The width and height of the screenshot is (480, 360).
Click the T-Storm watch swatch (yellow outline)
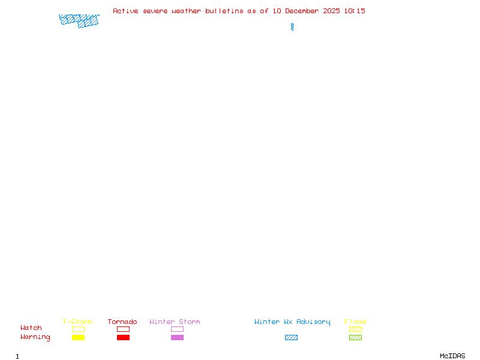click(78, 329)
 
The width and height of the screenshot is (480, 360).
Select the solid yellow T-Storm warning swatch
click(78, 337)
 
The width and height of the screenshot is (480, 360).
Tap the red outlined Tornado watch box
click(123, 329)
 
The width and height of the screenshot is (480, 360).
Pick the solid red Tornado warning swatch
click(123, 337)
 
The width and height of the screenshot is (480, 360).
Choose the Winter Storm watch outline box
click(177, 329)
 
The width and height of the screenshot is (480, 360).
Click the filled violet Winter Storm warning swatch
click(177, 337)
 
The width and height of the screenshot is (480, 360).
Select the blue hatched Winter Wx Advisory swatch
click(291, 337)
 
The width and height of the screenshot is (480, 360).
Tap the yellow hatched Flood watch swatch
click(355, 329)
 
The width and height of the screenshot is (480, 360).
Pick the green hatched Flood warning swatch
click(355, 337)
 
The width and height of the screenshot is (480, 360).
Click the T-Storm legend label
click(77, 322)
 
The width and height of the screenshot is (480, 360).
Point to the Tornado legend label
click(122, 322)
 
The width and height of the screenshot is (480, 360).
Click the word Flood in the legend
click(355, 322)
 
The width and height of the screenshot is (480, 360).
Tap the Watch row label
click(31, 328)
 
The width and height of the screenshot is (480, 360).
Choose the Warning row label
click(35, 337)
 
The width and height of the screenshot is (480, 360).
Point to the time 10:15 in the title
click(355, 11)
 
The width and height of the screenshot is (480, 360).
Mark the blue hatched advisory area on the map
click(79, 20)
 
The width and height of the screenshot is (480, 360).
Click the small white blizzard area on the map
click(292, 19)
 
